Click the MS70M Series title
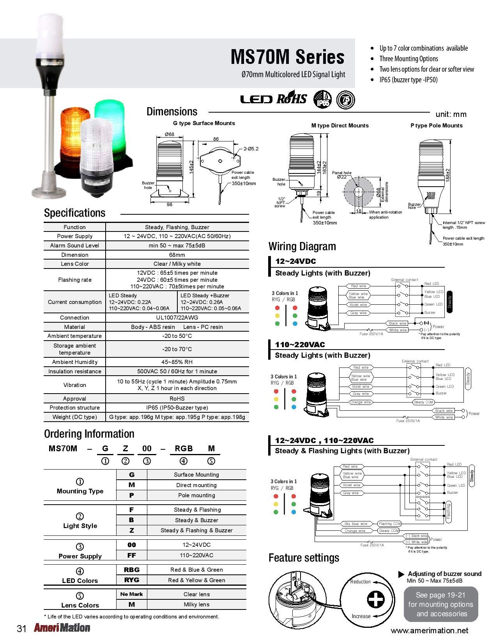pyautogui.click(x=287, y=57)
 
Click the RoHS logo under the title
pyautogui.click(x=292, y=99)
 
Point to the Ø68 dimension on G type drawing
pyautogui.click(x=169, y=134)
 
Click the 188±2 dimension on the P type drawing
pyautogui.click(x=448, y=175)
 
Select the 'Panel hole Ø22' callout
pyautogui.click(x=341, y=175)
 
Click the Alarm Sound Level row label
pyautogui.click(x=74, y=246)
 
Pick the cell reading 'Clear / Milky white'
pyautogui.click(x=177, y=264)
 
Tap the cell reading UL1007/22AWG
pyautogui.click(x=177, y=318)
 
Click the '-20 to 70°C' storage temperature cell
pyautogui.click(x=177, y=349)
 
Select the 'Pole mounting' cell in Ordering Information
pyautogui.click(x=196, y=495)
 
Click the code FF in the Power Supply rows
pyautogui.click(x=132, y=555)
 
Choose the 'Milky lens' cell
pyautogui.click(x=196, y=604)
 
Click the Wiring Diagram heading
pyautogui.click(x=302, y=246)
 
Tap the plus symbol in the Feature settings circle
pyautogui.click(x=376, y=599)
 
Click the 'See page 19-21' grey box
pyautogui.click(x=440, y=604)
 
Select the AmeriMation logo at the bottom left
pyautogui.click(x=62, y=628)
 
